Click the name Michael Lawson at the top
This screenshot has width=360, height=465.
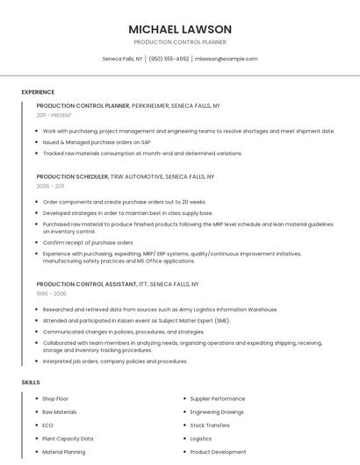180,29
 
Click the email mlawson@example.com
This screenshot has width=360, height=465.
226,59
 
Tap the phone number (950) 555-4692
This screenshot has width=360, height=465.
169,59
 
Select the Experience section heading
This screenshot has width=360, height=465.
38,92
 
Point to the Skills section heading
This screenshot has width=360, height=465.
31,383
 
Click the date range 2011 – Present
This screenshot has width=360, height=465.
54,115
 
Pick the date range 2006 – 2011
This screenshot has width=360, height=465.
50,186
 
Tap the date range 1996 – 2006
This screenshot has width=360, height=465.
51,294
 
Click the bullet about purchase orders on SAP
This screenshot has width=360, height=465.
97,142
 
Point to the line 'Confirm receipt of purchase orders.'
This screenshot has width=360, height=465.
88,242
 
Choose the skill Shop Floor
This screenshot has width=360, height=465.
55,398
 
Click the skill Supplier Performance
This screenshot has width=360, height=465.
217,398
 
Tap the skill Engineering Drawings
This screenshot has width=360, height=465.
217,411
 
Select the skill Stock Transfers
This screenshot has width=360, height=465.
210,425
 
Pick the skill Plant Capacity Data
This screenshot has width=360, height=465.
68,439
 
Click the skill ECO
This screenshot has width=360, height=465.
48,425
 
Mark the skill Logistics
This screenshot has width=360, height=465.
201,439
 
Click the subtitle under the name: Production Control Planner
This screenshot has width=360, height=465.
180,42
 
